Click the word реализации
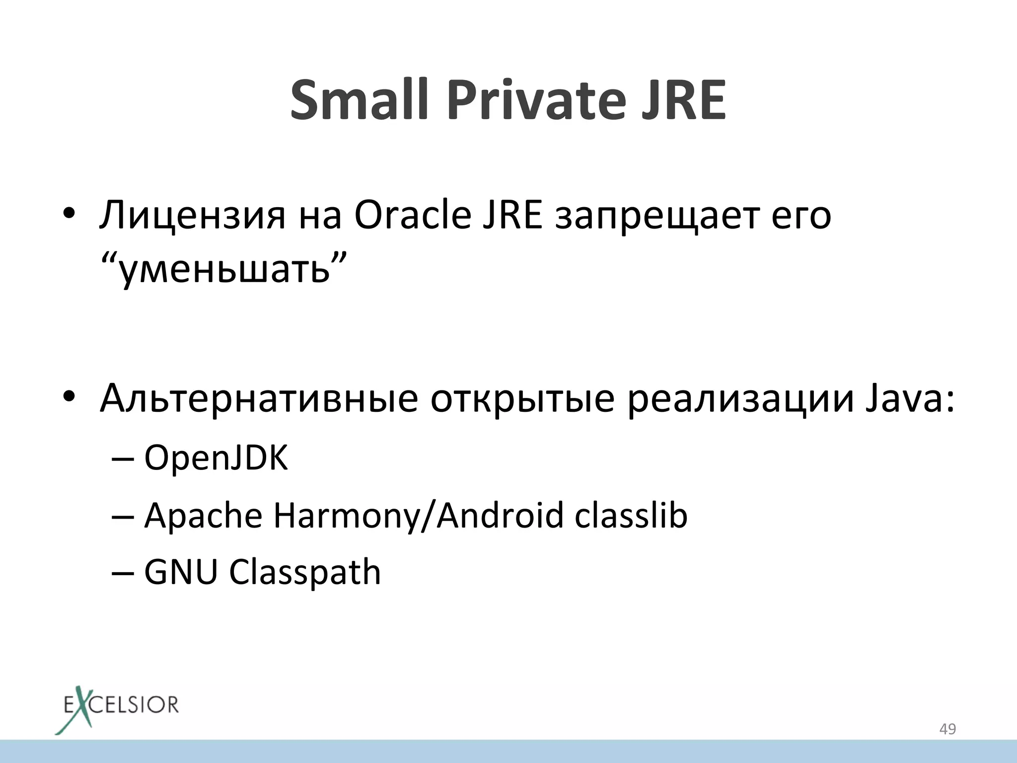coord(740,400)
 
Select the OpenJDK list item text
coord(216,458)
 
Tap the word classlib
coord(631,515)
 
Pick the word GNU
coord(181,572)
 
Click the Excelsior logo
coord(116,708)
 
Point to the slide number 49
coord(947,729)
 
